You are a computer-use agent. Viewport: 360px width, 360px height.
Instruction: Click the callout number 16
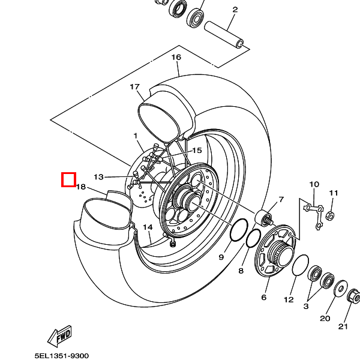[176, 58]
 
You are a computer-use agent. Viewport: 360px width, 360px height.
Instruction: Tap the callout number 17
[134, 87]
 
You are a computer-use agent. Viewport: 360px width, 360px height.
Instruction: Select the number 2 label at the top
[235, 10]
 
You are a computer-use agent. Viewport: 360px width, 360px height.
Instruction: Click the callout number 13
[99, 176]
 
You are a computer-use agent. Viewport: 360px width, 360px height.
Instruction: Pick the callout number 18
[81, 187]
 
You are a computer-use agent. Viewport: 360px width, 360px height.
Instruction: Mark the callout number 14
[148, 227]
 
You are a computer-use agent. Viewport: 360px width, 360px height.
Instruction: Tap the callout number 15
[197, 150]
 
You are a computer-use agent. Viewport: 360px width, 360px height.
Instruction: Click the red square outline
[68, 179]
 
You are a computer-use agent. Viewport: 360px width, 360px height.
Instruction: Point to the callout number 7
[280, 199]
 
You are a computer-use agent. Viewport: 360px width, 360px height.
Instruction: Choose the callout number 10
[314, 184]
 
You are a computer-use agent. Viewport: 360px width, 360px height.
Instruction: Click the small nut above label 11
[331, 215]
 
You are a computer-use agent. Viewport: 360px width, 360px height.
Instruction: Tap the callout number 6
[263, 297]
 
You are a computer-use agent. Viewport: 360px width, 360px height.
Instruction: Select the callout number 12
[289, 299]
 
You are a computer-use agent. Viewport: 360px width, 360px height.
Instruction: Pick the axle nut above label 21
[353, 296]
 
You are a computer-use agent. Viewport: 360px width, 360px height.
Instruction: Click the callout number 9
[221, 257]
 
